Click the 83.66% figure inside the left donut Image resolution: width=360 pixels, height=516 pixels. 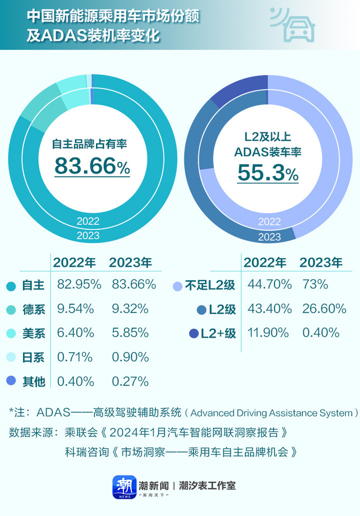(92, 166)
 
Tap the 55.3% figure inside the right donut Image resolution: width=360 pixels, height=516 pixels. (267, 173)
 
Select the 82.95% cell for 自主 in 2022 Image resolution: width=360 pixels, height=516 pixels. (79, 285)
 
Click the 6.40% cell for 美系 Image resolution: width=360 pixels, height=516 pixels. (75, 333)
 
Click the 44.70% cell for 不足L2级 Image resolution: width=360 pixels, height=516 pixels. (269, 285)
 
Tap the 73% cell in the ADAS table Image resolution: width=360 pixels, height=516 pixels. (315, 285)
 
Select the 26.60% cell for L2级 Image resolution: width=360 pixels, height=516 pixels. (324, 309)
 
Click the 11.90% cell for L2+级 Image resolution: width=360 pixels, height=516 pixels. (268, 333)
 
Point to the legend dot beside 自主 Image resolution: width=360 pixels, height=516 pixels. (10, 286)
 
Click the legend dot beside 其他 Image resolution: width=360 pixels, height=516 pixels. (10, 382)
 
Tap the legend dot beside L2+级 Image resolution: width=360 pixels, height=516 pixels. (193, 333)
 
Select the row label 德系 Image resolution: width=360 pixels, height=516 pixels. (33, 310)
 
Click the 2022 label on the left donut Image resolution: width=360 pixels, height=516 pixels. (88, 221)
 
